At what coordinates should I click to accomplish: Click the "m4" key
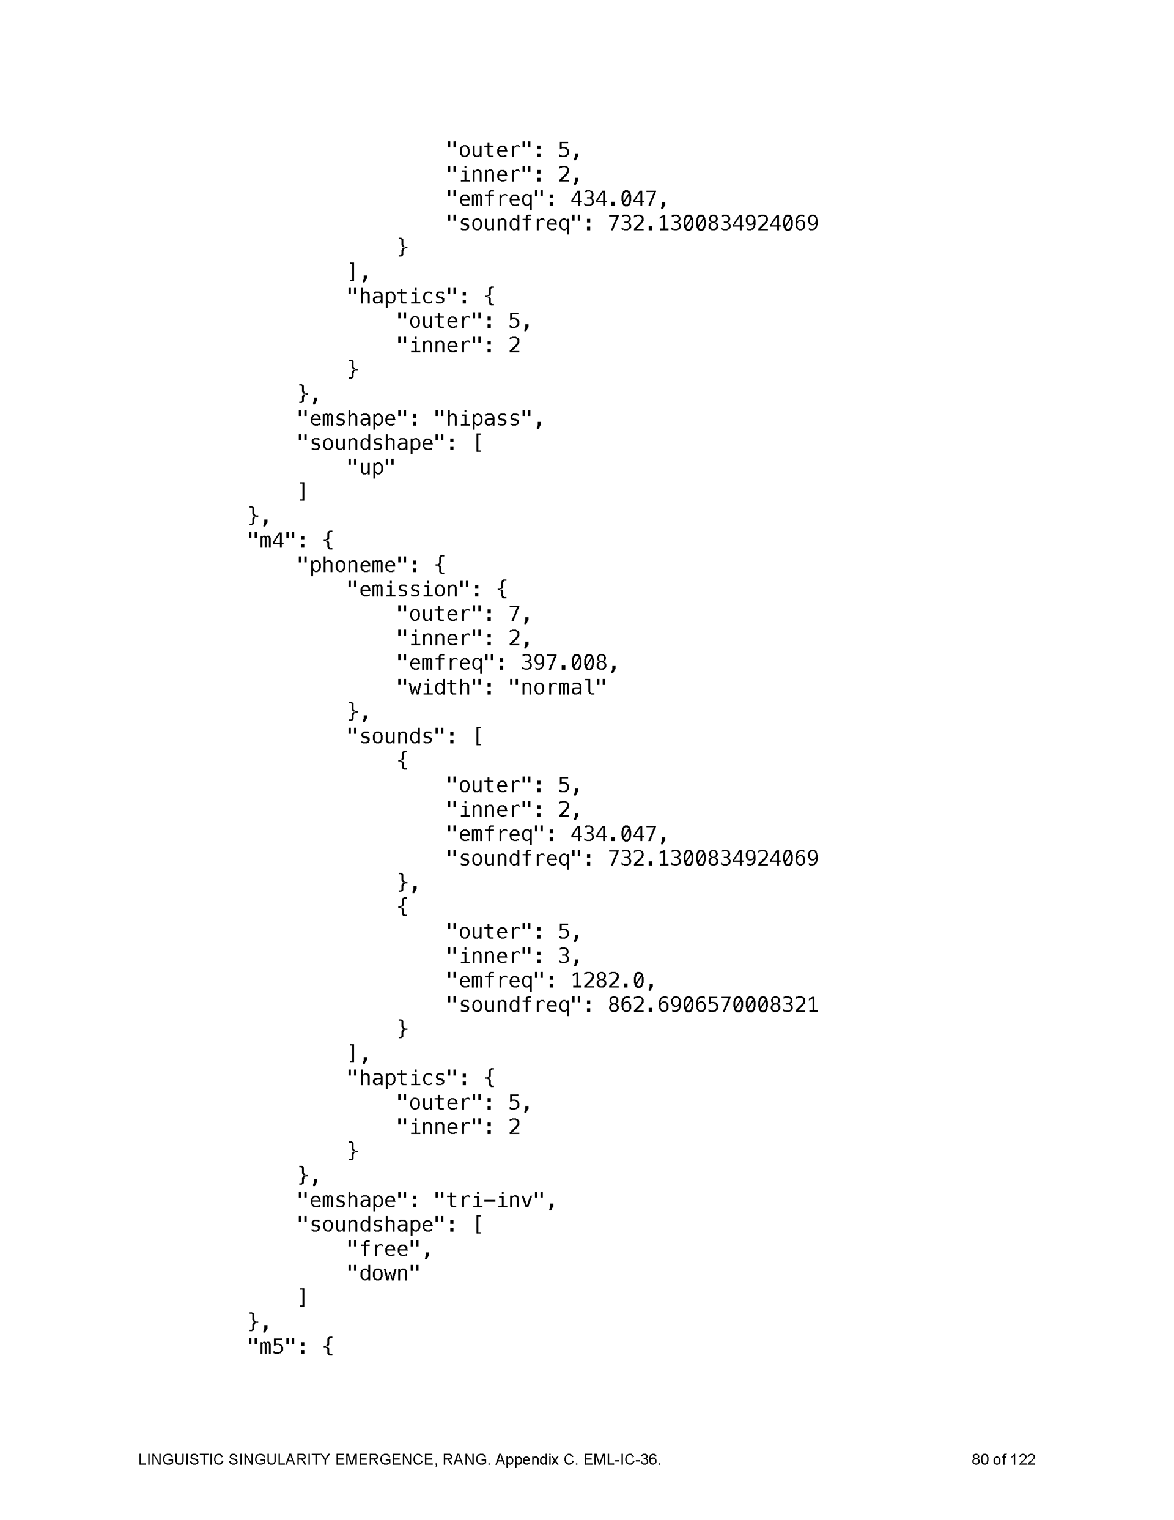272,540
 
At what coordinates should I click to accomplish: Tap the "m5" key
272,1347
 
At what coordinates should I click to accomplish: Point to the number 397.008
564,662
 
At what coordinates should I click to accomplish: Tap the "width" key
439,687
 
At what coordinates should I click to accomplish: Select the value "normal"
558,687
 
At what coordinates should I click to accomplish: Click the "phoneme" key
353,565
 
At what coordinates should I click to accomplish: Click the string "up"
371,467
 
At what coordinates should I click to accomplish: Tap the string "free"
383,1248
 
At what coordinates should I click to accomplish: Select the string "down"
383,1273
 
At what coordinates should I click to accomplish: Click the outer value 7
514,613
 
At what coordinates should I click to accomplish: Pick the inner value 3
564,955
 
